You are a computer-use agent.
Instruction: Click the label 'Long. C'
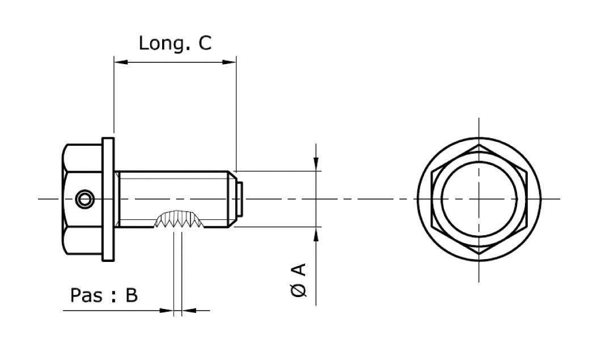pyautogui.click(x=175, y=43)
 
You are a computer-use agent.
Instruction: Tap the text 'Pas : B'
pyautogui.click(x=104, y=295)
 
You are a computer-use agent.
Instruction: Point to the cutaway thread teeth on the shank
pyautogui.click(x=177, y=220)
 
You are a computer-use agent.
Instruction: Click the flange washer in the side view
pyautogui.click(x=108, y=198)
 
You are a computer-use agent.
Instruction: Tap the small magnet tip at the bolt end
pyautogui.click(x=240, y=199)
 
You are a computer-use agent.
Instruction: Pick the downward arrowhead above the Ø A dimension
pyautogui.click(x=316, y=164)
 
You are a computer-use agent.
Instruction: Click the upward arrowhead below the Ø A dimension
pyautogui.click(x=316, y=234)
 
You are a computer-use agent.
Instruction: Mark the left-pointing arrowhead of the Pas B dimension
pyautogui.click(x=188, y=310)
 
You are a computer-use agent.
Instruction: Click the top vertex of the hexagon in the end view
pyautogui.click(x=480, y=145)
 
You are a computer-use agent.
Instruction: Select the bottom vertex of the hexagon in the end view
pyautogui.click(x=480, y=253)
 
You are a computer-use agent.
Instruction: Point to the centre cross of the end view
pyautogui.click(x=480, y=198)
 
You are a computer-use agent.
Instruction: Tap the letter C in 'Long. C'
pyautogui.click(x=205, y=43)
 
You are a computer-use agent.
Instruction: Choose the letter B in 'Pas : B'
pyautogui.click(x=132, y=295)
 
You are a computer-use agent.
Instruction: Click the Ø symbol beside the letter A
pyautogui.click(x=299, y=290)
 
